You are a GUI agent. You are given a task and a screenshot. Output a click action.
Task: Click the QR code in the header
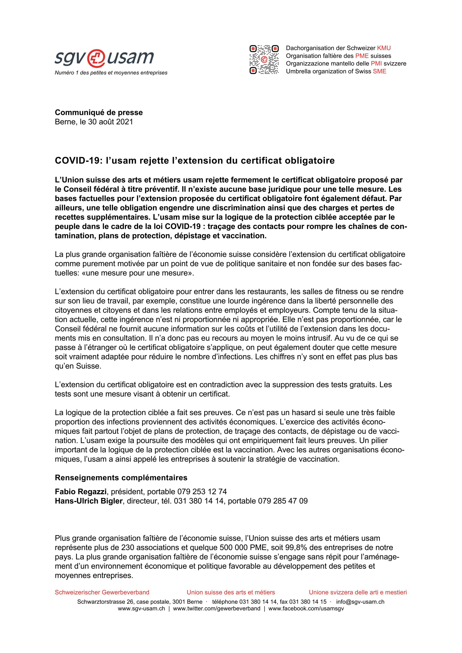(x=264, y=60)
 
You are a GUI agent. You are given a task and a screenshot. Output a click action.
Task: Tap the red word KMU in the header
(x=384, y=48)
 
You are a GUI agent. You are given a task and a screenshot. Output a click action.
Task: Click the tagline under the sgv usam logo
(x=111, y=73)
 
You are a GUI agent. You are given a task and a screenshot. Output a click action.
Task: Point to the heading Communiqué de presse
(x=99, y=112)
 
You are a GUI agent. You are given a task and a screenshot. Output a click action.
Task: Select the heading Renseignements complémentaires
(x=121, y=477)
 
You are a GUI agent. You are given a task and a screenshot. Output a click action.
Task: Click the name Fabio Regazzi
(x=81, y=491)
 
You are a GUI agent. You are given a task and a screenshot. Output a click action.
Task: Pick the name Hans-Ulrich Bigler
(x=89, y=501)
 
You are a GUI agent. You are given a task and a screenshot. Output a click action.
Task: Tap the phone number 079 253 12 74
(x=202, y=491)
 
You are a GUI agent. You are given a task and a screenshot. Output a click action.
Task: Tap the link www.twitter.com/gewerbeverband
(x=216, y=609)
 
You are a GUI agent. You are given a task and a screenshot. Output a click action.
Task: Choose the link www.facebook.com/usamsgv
(x=306, y=609)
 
